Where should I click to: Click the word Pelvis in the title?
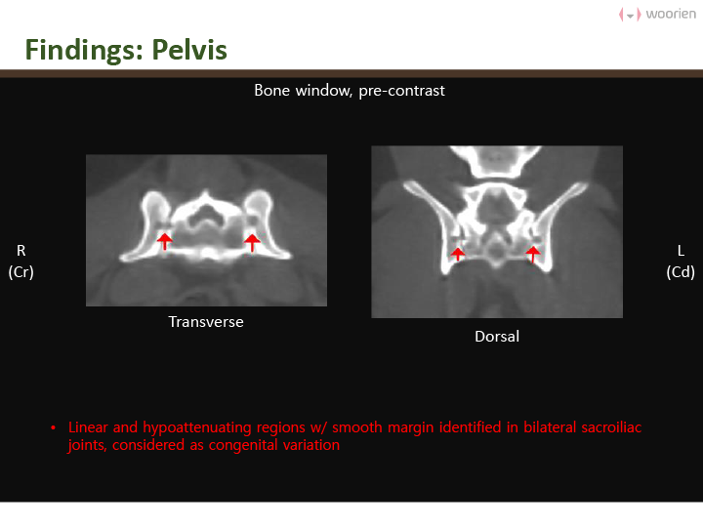pos(189,50)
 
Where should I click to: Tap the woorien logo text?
pos(671,14)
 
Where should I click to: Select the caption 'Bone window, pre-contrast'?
pos(350,91)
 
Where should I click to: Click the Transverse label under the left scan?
pos(206,322)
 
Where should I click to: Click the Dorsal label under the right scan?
pos(497,336)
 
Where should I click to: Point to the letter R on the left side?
pos(21,251)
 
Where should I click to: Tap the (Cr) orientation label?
pos(21,272)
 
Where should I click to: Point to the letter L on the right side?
pos(681,251)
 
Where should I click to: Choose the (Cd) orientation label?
pos(681,272)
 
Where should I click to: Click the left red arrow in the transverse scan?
pos(165,241)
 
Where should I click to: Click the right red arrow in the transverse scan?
pos(252,242)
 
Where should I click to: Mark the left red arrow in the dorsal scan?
pos(458,254)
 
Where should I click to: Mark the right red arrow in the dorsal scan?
pos(533,254)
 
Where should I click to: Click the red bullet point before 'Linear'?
pos(54,427)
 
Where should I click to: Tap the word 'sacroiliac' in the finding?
pos(611,427)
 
